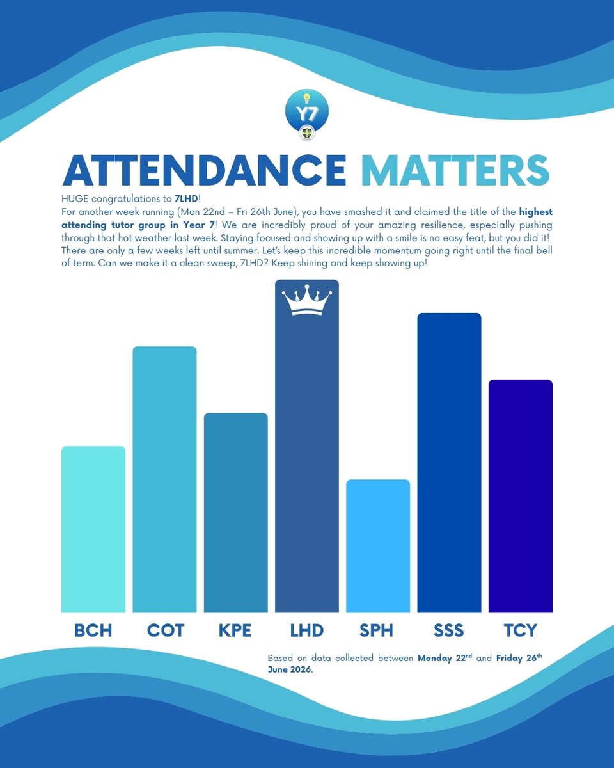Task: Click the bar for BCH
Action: [93, 529]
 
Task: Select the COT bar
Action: [164, 479]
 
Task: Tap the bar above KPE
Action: [236, 513]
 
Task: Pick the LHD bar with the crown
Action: [307, 446]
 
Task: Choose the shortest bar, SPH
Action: [378, 546]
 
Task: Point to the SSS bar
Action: [449, 463]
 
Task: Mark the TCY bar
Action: [521, 496]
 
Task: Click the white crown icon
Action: [307, 300]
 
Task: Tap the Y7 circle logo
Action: [307, 111]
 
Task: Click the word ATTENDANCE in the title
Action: [205, 170]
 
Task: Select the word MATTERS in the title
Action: [455, 170]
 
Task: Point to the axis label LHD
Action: [307, 630]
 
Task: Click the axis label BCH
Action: [93, 630]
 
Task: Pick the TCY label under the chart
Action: [521, 630]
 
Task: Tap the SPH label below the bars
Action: [376, 630]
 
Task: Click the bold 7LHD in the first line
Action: [186, 198]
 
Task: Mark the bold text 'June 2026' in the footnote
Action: [290, 669]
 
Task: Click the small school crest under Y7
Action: [306, 133]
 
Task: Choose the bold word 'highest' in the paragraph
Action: [535, 212]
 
